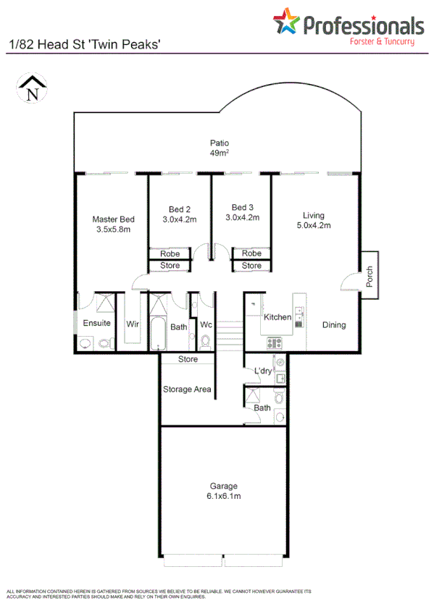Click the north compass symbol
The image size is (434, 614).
[31, 90]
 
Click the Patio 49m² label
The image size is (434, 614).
[220, 148]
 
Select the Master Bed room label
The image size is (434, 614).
[113, 224]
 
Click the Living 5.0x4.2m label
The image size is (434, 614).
[313, 220]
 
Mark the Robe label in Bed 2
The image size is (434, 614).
[170, 254]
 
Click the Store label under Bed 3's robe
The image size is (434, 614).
[251, 266]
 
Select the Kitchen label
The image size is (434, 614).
[277, 317]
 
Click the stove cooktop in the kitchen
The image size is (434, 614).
[275, 342]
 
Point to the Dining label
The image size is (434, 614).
[334, 325]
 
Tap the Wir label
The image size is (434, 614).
[133, 324]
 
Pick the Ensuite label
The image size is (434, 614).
[96, 323]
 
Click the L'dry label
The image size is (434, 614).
[262, 372]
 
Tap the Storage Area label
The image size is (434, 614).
[187, 389]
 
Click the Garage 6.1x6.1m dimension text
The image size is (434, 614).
[224, 496]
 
